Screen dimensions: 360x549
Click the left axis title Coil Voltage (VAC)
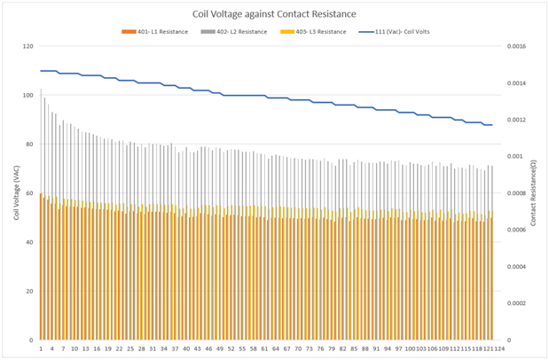17,193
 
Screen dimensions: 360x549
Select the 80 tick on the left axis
28,144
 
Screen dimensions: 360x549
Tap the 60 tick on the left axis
28,193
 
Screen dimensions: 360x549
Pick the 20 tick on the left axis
28,291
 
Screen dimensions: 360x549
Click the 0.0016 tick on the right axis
516,46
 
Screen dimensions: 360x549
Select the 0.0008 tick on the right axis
516,193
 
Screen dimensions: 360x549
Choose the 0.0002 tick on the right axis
516,303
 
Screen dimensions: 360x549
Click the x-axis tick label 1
40,349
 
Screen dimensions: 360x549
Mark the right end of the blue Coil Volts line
491,125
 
